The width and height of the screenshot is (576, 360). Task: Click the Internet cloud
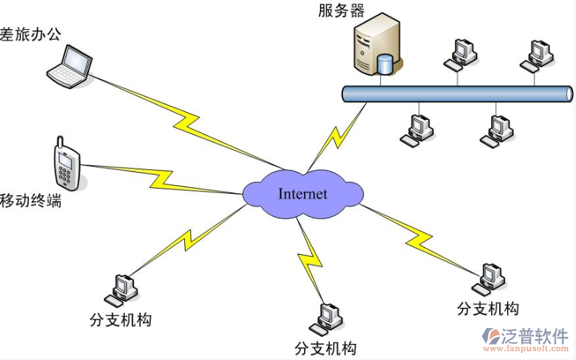pos(303,193)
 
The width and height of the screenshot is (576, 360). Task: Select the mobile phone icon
pos(66,165)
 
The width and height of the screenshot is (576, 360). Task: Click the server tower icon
pos(376,46)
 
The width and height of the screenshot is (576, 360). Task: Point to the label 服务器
pos(341,10)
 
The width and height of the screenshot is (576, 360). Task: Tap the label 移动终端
pos(30,200)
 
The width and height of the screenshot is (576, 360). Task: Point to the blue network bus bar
pos(457,94)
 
